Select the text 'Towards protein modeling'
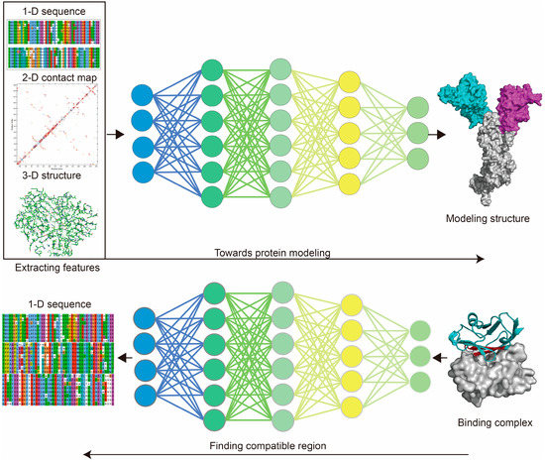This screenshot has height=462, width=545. tap(285, 247)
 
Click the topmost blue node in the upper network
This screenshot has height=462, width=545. tap(142, 99)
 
